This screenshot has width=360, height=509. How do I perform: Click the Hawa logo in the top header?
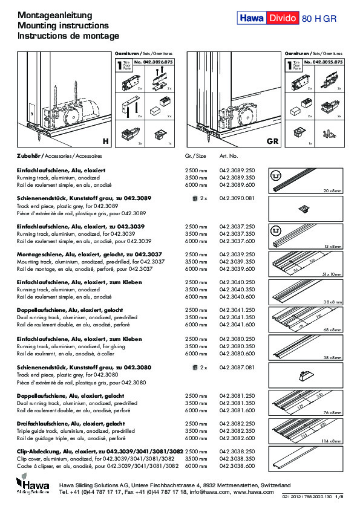click(x=250, y=19)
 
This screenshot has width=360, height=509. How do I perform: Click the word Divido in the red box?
click(x=282, y=19)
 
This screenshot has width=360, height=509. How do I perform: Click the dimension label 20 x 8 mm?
click(x=332, y=191)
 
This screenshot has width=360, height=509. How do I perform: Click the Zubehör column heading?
click(x=28, y=156)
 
